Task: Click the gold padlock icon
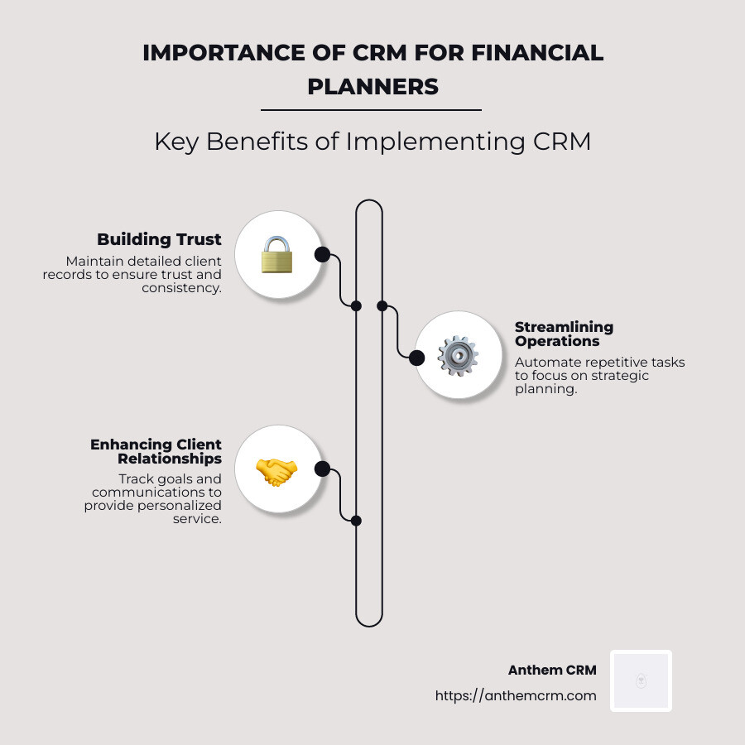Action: tap(277, 255)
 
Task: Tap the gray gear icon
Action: tap(458, 356)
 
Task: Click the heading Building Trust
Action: tap(159, 240)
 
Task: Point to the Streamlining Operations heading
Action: tap(564, 334)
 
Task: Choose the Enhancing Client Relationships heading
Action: tap(156, 451)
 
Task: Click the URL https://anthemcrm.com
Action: tap(516, 696)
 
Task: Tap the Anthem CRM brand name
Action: tap(552, 670)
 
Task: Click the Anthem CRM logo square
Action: tap(641, 680)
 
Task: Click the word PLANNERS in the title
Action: tap(372, 86)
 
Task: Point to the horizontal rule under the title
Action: tap(371, 109)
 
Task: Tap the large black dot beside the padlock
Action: tap(322, 254)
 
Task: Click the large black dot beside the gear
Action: tap(417, 358)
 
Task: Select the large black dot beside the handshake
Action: tap(323, 469)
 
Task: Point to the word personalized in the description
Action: tap(180, 505)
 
